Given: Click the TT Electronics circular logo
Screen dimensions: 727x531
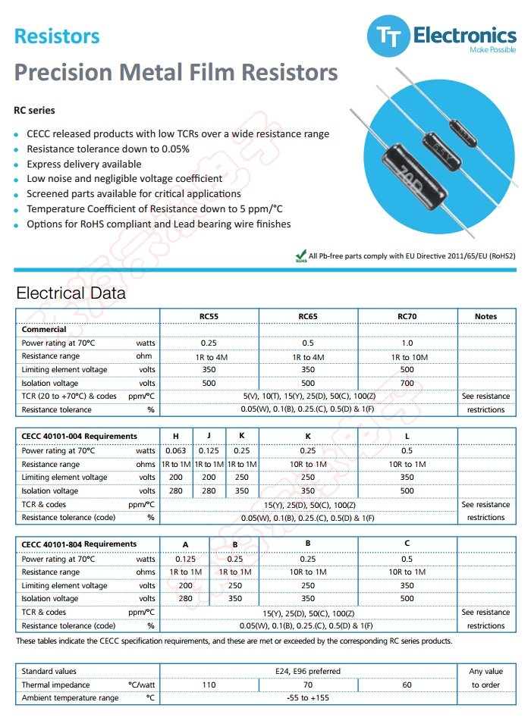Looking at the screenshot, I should pyautogui.click(x=387, y=37).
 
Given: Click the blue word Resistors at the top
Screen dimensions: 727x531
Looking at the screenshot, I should pyautogui.click(x=57, y=36).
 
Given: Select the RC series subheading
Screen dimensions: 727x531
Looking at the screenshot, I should pyautogui.click(x=34, y=110).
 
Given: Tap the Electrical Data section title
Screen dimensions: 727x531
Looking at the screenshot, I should pyautogui.click(x=71, y=293).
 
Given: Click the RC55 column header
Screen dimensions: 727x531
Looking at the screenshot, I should pyautogui.click(x=209, y=316).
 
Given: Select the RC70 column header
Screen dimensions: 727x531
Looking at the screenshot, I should pyautogui.click(x=407, y=316).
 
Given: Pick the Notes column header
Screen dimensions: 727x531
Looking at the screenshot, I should pyautogui.click(x=485, y=316).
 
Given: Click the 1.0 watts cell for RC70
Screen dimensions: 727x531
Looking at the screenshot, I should pyautogui.click(x=407, y=343).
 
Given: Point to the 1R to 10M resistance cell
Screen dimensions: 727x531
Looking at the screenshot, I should pyautogui.click(x=407, y=356).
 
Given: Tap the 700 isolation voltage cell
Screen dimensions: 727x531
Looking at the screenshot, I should pyautogui.click(x=407, y=383).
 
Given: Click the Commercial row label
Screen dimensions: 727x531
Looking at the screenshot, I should pyautogui.click(x=44, y=330).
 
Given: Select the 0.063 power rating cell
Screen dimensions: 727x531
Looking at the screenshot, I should pyautogui.click(x=176, y=451).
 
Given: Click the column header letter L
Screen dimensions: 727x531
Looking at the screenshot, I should pyautogui.click(x=407, y=436).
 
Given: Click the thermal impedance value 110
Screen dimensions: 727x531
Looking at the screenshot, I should pyautogui.click(x=209, y=685).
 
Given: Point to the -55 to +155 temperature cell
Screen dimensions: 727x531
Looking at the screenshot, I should pyautogui.click(x=308, y=698).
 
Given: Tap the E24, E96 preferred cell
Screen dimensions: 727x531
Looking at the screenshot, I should pyautogui.click(x=308, y=671).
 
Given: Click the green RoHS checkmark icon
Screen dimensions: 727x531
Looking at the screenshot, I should pyautogui.click(x=300, y=256).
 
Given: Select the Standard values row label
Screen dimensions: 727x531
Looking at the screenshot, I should pyautogui.click(x=49, y=671).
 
